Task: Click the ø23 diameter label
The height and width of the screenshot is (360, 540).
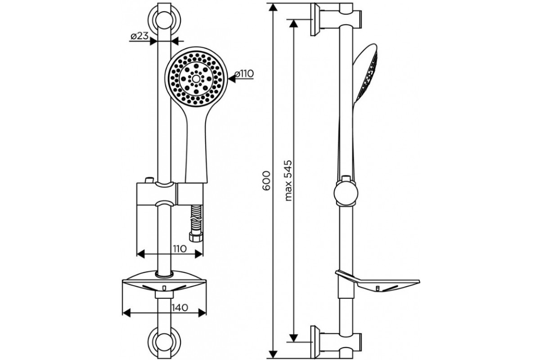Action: (139, 36)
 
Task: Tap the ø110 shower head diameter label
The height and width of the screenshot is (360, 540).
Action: (244, 73)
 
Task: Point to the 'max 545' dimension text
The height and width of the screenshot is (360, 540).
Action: (288, 180)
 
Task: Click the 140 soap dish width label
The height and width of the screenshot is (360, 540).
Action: (180, 307)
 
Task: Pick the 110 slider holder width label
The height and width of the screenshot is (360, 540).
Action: (180, 248)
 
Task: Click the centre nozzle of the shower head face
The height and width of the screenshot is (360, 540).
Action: (196, 78)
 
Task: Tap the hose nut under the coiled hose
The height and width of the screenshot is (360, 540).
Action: (195, 238)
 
